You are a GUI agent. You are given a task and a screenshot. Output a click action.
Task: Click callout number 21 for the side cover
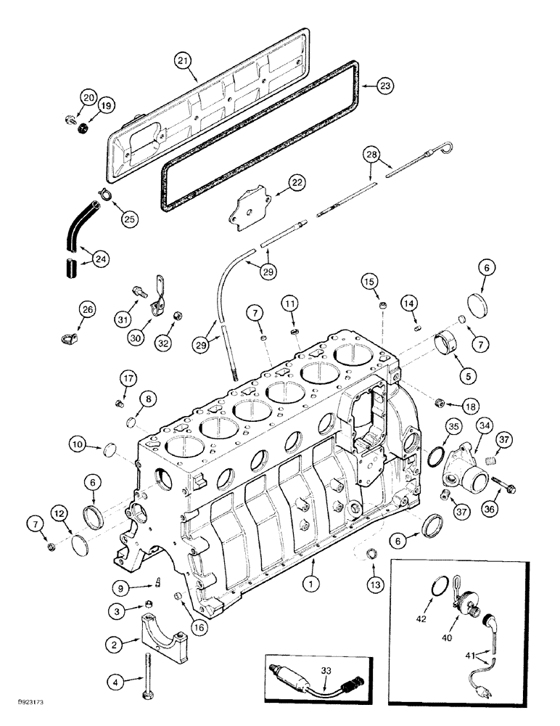coord(184,62)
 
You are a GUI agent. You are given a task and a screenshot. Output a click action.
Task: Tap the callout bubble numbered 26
coord(88,311)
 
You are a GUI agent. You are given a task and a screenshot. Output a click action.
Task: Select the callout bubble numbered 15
coord(371,280)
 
